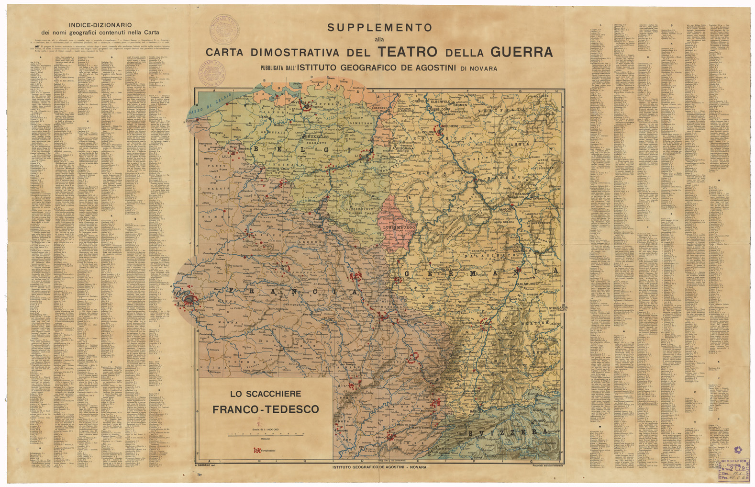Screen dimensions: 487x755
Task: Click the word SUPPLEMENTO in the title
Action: point(380,28)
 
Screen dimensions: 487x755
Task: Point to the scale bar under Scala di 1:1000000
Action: point(266,435)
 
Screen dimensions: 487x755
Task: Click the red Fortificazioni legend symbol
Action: point(257,451)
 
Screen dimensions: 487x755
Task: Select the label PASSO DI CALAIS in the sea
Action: point(216,105)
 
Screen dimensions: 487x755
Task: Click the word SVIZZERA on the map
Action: point(508,432)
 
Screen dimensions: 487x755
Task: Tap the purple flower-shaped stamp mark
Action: point(737,450)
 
